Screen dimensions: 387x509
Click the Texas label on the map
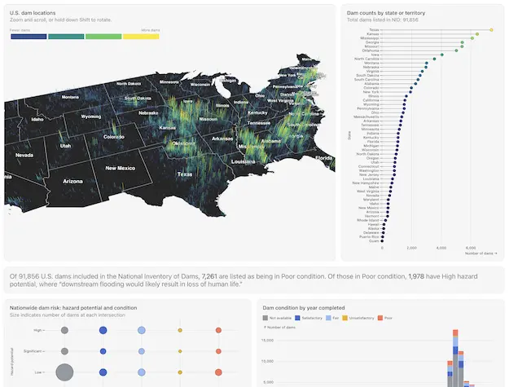(x=185, y=174)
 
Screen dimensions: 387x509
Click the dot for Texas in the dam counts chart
(x=491, y=29)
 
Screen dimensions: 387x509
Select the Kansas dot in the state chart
(x=476, y=33)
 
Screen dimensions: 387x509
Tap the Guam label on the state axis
(x=374, y=241)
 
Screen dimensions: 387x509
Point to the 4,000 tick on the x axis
(x=441, y=248)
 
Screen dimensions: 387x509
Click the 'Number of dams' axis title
(x=480, y=254)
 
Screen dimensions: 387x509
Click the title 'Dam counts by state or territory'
(x=385, y=13)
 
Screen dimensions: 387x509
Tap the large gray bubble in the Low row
(x=64, y=372)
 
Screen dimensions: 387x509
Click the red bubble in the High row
(x=218, y=330)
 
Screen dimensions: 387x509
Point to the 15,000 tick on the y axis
(x=272, y=341)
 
